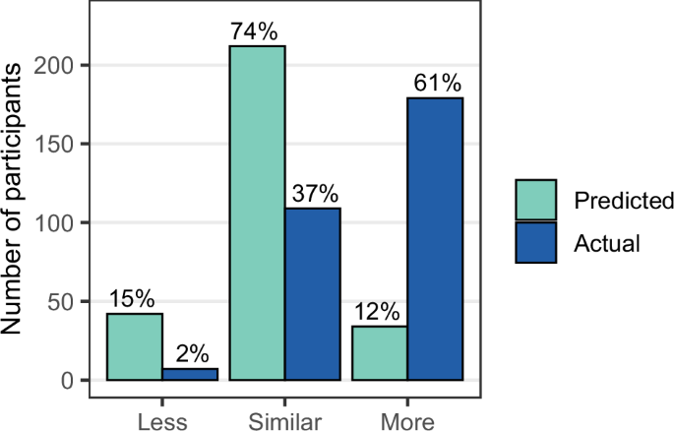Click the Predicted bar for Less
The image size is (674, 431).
pos(135,346)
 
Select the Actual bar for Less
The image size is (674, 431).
pos(191,374)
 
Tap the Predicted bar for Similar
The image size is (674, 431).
pos(258,213)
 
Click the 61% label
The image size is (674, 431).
pos(436,84)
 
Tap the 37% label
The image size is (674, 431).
pos(313,193)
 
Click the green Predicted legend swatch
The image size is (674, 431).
pos(536,200)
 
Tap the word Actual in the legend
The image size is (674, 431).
pos(607,242)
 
